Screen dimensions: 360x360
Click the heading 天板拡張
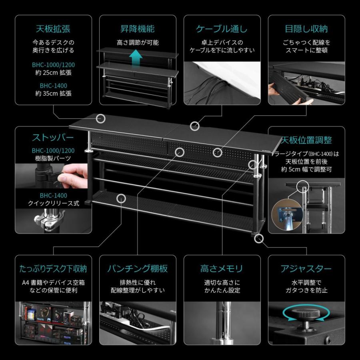tap(54, 29)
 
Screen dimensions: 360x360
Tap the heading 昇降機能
tap(137, 29)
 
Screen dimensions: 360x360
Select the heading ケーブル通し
tap(222, 29)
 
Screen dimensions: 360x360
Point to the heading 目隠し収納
tap(306, 29)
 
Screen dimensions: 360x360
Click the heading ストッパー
tap(53, 138)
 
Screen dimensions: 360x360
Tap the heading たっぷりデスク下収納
tap(54, 268)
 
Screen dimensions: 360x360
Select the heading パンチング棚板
tap(137, 268)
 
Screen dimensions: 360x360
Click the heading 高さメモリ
tap(222, 268)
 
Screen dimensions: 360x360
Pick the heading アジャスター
tap(306, 268)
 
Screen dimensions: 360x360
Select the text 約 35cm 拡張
tap(54, 94)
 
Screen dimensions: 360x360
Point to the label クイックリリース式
tap(54, 203)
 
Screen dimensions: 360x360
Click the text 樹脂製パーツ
tap(54, 158)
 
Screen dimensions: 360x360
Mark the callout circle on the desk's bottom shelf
tap(122, 198)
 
